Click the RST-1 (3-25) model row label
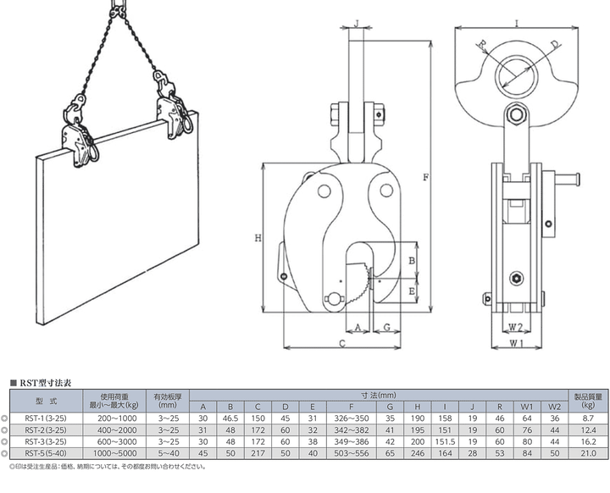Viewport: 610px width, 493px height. point(46,418)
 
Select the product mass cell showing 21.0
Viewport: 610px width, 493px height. point(588,453)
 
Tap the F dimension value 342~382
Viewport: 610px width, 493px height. point(352,430)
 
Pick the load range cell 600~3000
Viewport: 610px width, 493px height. point(114,441)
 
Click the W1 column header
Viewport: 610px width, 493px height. point(527,407)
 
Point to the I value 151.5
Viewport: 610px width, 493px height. point(445,441)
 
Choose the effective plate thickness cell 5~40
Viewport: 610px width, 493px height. point(168,453)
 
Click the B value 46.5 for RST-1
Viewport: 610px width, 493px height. point(230,418)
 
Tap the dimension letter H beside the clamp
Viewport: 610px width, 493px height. point(258,238)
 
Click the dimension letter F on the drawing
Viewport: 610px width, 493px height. point(425,177)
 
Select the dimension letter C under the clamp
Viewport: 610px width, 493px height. point(342,343)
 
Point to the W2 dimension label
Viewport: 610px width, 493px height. point(515,327)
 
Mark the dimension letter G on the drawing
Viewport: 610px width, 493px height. point(386,327)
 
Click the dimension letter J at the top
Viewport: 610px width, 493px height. point(357,24)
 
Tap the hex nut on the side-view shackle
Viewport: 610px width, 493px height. point(516,115)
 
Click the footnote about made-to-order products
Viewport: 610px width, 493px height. point(108,467)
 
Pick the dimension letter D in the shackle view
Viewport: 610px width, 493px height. point(555,46)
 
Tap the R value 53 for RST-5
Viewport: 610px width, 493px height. point(500,453)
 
